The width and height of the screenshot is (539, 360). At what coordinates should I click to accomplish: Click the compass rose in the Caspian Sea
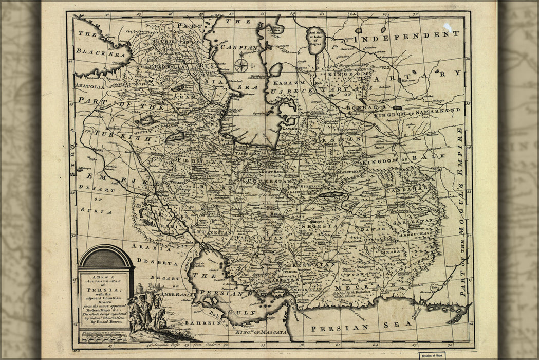(x=241, y=65)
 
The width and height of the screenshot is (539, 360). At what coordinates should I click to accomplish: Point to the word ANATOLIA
(x=89, y=86)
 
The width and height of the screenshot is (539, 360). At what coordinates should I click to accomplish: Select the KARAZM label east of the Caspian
(x=289, y=83)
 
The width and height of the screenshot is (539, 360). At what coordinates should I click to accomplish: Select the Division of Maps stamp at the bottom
(x=431, y=355)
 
